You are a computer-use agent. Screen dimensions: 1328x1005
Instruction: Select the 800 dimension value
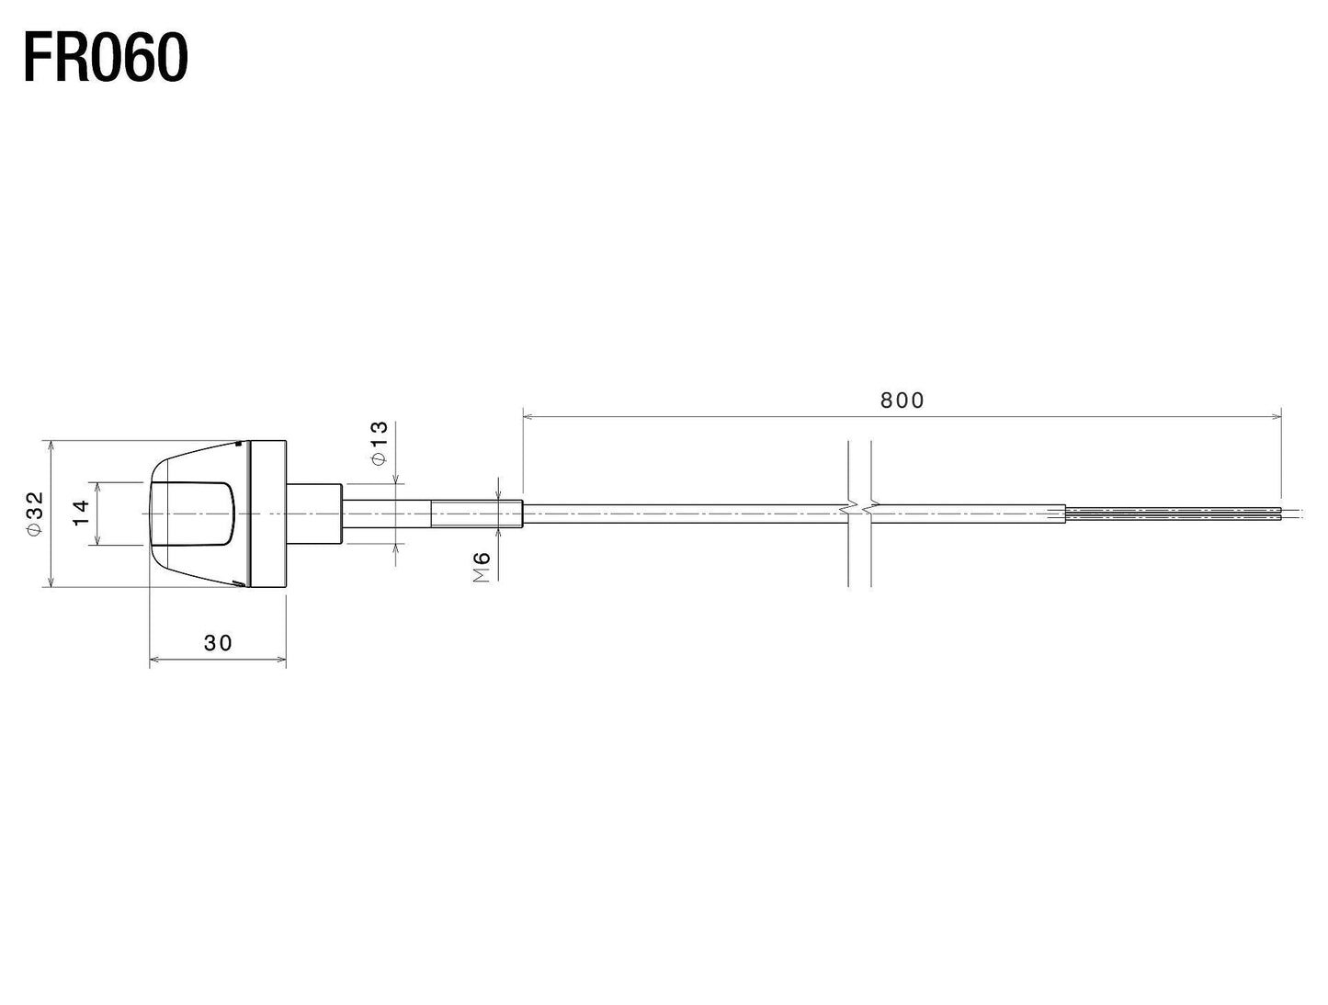[x=902, y=401]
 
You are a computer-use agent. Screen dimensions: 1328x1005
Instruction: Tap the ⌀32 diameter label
[x=35, y=514]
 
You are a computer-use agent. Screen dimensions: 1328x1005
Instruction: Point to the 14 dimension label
[x=82, y=514]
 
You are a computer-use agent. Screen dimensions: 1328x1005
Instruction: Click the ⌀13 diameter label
[x=380, y=444]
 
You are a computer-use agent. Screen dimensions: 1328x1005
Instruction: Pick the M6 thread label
[x=482, y=567]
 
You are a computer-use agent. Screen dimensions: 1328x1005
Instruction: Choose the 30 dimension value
[x=218, y=643]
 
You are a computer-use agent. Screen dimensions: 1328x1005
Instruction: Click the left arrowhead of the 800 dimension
[x=528, y=417]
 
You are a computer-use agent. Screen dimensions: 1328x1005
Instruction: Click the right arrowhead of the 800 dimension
[x=1276, y=417]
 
